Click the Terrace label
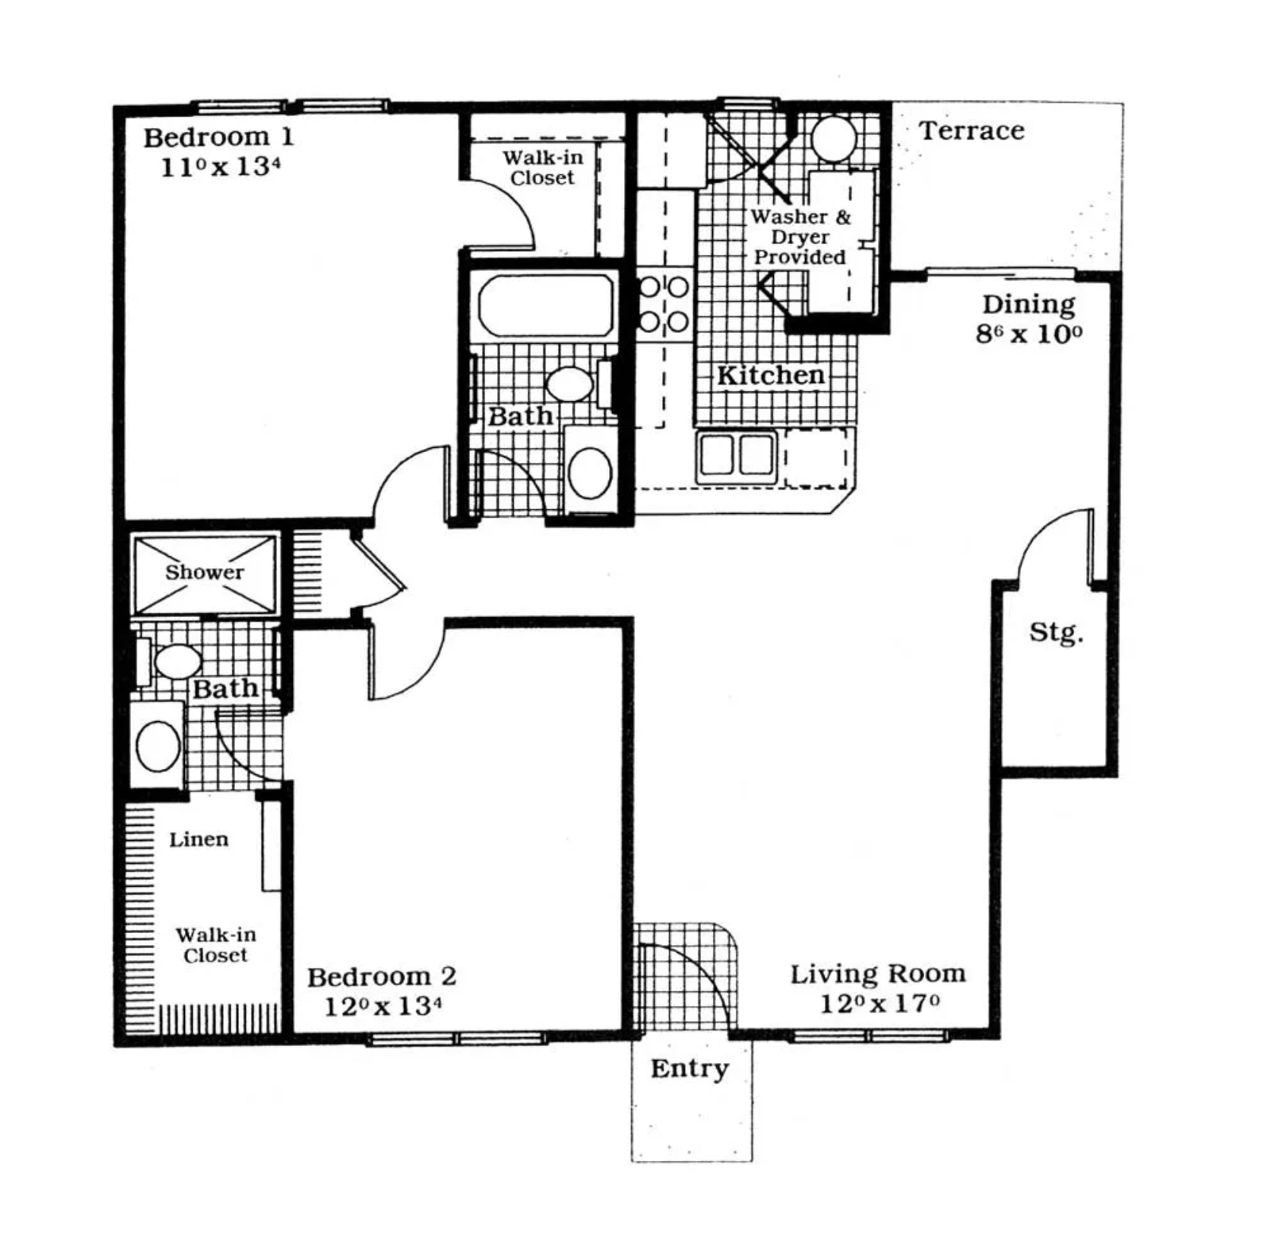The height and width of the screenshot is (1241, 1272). point(971,130)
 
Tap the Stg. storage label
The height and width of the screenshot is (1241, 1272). point(1055,632)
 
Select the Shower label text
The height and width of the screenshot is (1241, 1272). point(204,572)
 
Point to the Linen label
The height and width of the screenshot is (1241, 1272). point(199,840)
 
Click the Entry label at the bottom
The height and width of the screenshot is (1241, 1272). point(689,1068)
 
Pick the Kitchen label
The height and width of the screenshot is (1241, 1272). point(770,375)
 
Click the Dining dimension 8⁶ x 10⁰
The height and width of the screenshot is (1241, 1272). point(1028,334)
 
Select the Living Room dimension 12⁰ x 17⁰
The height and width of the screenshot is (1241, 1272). point(879,1005)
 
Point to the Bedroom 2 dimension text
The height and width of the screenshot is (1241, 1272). point(382,1007)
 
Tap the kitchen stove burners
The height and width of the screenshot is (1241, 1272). point(664,305)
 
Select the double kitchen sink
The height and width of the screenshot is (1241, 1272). point(736,456)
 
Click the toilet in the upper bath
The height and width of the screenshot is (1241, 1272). point(589,473)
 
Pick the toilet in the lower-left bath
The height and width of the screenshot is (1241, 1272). point(158,746)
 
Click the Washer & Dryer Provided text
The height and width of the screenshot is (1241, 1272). point(800,237)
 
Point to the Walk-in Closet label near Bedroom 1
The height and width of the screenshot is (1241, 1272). point(542,168)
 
